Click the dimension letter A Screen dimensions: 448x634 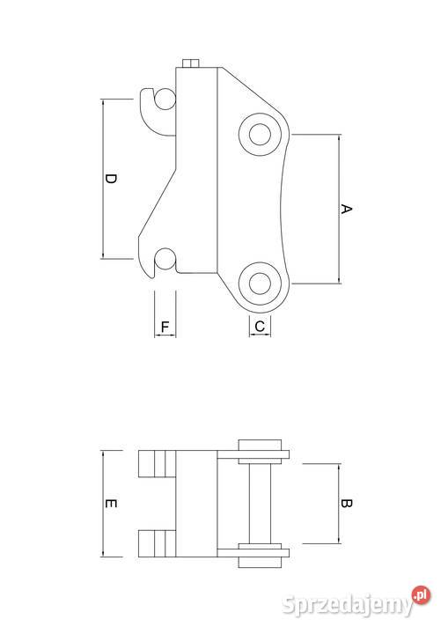click(346, 209)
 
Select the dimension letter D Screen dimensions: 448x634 click(110, 179)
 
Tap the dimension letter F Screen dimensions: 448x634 click(165, 327)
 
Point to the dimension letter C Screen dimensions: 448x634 click(260, 326)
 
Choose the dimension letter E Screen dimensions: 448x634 click(110, 504)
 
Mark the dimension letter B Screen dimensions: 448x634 click(346, 504)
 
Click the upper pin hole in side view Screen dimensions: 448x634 click(260, 134)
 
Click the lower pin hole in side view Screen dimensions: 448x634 click(260, 284)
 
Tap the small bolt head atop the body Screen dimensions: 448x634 click(191, 63)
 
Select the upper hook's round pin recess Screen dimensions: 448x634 click(165, 99)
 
